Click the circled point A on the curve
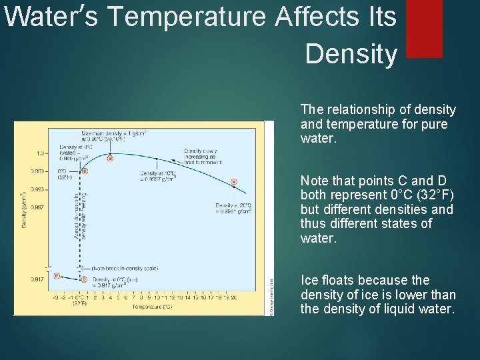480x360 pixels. pos(233,181)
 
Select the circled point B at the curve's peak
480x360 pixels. pos(110,158)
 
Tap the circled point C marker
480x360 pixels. pos(84,171)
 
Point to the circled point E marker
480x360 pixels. pos(57,275)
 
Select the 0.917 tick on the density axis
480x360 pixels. pos(38,279)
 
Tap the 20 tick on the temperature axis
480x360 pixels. pos(233,297)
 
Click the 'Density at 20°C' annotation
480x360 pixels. pos(233,208)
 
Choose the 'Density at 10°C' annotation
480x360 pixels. pos(159,175)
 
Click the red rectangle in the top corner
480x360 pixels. pos(424,28)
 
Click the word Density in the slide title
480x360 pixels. pos(351,55)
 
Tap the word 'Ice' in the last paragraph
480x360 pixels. pos(310,280)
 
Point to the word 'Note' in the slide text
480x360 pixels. pos(315,181)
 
